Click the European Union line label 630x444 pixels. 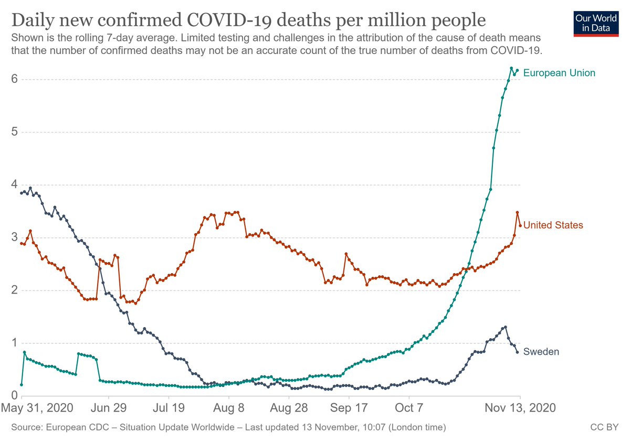(559, 73)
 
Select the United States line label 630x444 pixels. (553, 225)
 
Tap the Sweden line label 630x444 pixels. (541, 352)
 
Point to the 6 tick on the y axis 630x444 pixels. (15, 79)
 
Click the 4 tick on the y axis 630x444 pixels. (15, 185)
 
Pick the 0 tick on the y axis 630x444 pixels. (15, 396)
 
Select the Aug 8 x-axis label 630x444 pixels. (229, 408)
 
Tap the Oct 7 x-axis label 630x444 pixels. (409, 408)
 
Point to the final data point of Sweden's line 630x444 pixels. (517, 352)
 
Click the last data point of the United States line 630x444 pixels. (520, 225)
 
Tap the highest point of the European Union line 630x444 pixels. (511, 68)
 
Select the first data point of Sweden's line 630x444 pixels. (21, 193)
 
